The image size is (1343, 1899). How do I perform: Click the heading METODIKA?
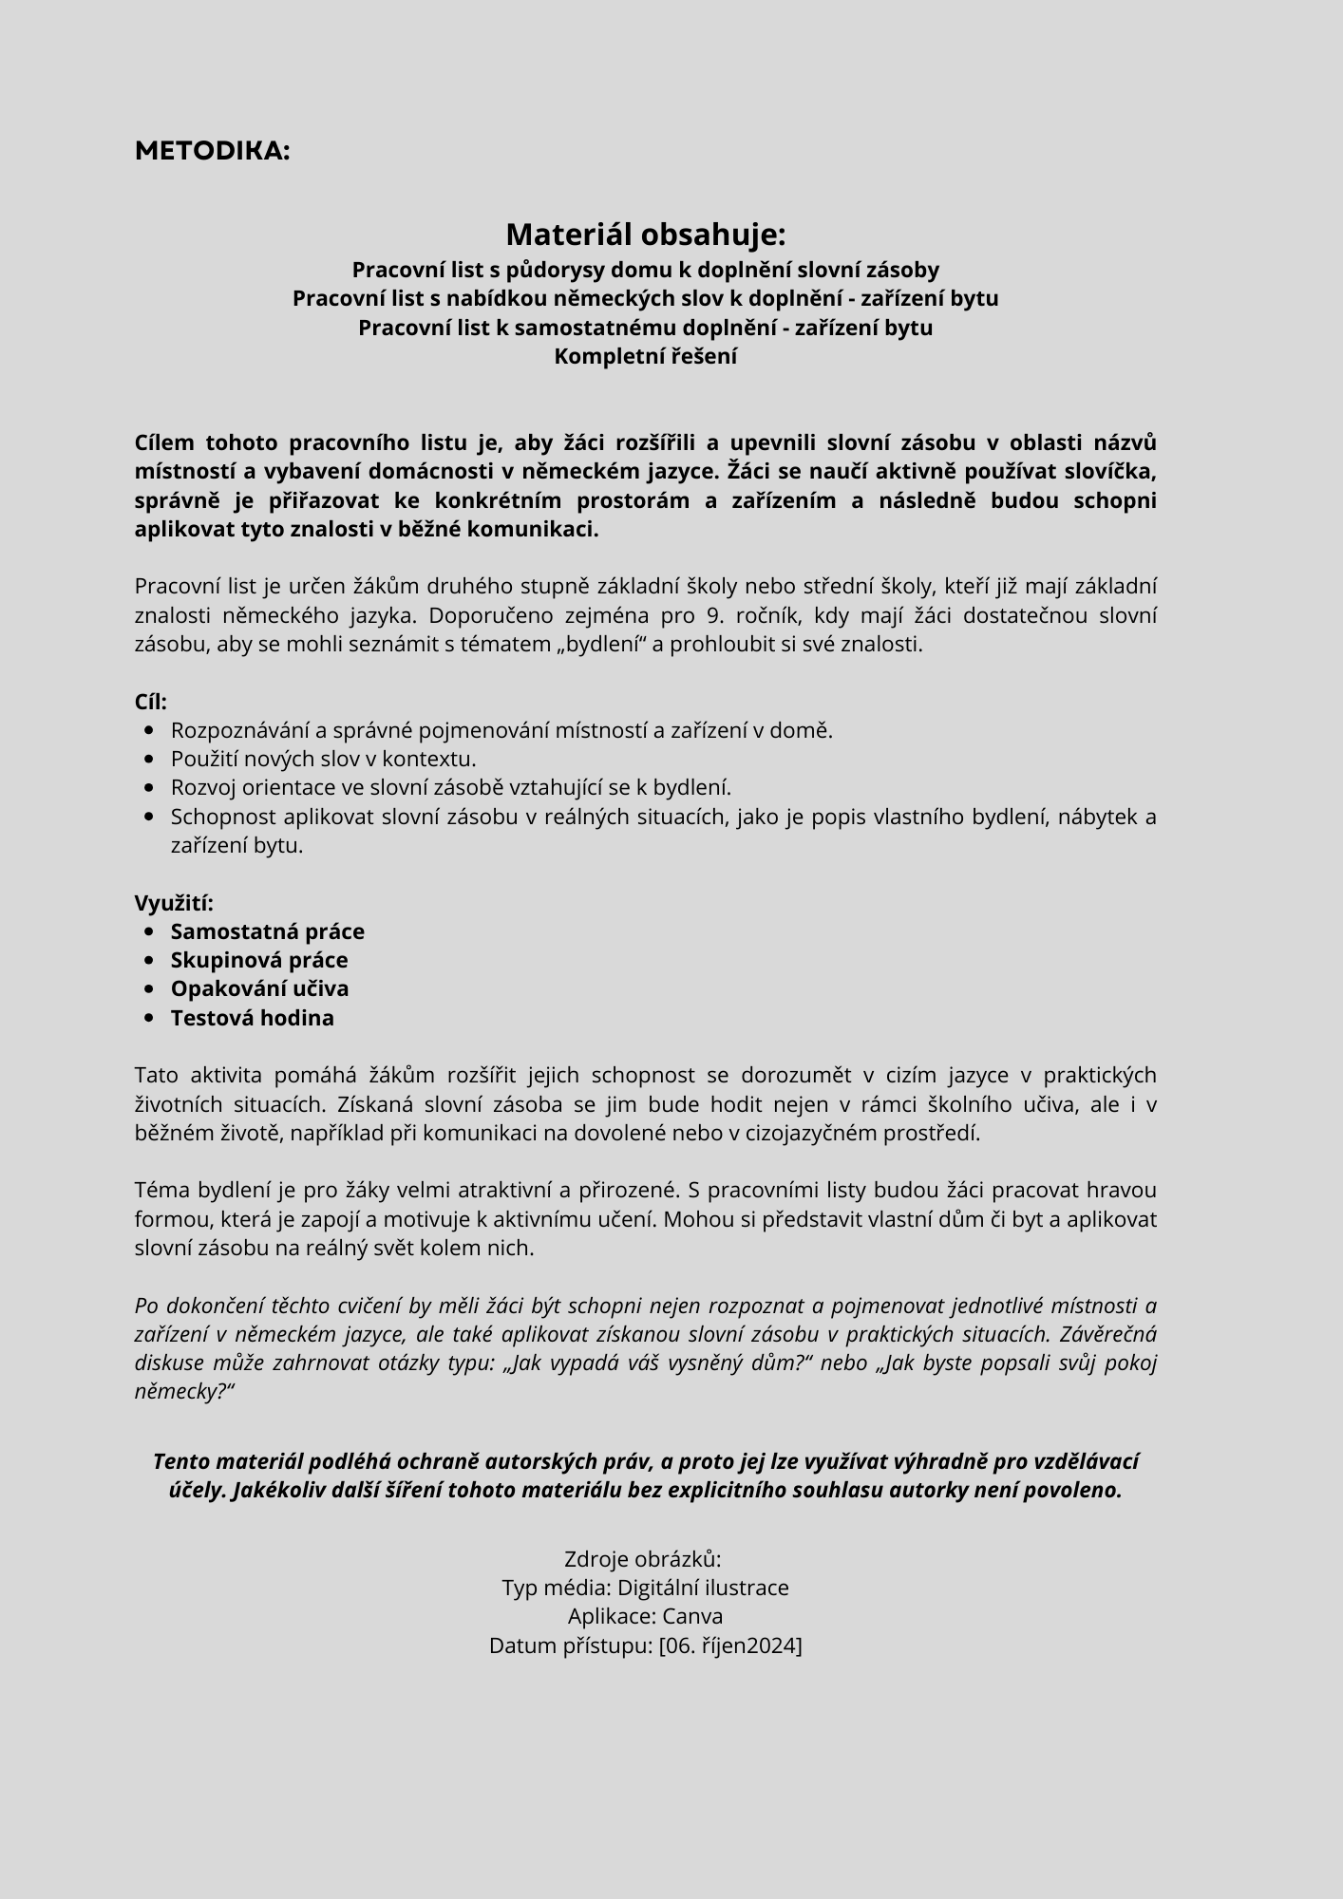212,151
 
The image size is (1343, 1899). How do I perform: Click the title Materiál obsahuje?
646,234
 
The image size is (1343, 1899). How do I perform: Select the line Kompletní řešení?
646,356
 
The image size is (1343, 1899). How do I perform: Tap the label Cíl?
151,702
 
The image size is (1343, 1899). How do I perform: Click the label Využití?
174,902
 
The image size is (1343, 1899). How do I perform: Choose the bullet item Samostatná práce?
267,931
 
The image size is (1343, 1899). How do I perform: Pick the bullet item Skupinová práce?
259,960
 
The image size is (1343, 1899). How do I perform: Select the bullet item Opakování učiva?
259,988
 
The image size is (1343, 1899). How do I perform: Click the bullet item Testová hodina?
252,1018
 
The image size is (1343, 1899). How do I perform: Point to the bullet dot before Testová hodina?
149,1018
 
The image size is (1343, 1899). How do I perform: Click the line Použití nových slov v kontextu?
323,759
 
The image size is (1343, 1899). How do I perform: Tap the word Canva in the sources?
692,1616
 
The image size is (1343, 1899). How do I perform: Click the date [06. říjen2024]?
730,1645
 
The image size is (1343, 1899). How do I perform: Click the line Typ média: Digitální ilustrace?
646,1588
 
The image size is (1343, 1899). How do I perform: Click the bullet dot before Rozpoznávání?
149,730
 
